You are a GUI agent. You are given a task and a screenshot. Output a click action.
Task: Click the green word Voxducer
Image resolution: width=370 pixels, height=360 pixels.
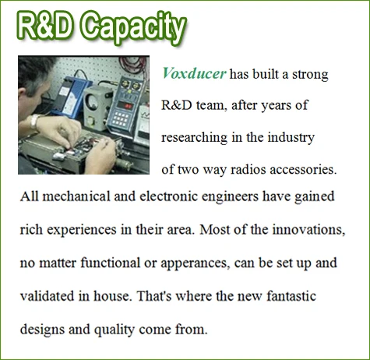click(x=194, y=74)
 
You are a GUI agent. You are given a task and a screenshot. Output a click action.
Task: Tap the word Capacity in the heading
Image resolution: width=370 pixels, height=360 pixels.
click(x=134, y=27)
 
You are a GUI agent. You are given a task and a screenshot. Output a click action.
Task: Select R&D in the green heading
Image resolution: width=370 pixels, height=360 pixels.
click(x=44, y=25)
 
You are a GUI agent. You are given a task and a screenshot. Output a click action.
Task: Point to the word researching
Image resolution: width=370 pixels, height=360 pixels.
click(x=194, y=138)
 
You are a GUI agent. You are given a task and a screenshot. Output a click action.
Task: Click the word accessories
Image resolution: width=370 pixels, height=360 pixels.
click(x=303, y=170)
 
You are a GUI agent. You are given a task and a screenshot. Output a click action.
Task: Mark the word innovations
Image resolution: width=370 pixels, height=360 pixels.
click(x=308, y=230)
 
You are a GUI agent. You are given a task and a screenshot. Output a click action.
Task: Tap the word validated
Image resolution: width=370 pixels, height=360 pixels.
click(x=48, y=296)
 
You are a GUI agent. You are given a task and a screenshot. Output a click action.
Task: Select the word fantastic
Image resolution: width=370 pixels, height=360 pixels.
click(x=291, y=296)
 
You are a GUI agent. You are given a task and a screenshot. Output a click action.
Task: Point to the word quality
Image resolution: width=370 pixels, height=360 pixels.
click(x=115, y=330)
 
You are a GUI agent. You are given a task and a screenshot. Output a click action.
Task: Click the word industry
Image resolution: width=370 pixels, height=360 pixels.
click(x=291, y=138)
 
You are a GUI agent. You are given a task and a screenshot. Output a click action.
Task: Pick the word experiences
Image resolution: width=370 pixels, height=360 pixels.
click(x=82, y=230)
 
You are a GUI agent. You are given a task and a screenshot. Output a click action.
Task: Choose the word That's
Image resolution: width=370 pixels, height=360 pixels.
click(x=154, y=296)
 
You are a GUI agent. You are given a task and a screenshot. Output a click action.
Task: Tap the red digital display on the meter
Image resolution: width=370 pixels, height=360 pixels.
click(x=126, y=105)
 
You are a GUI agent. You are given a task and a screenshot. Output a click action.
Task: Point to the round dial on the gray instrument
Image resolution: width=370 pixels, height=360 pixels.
click(x=92, y=101)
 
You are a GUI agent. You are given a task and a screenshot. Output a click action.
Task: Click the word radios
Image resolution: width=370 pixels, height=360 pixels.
click(x=248, y=170)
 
